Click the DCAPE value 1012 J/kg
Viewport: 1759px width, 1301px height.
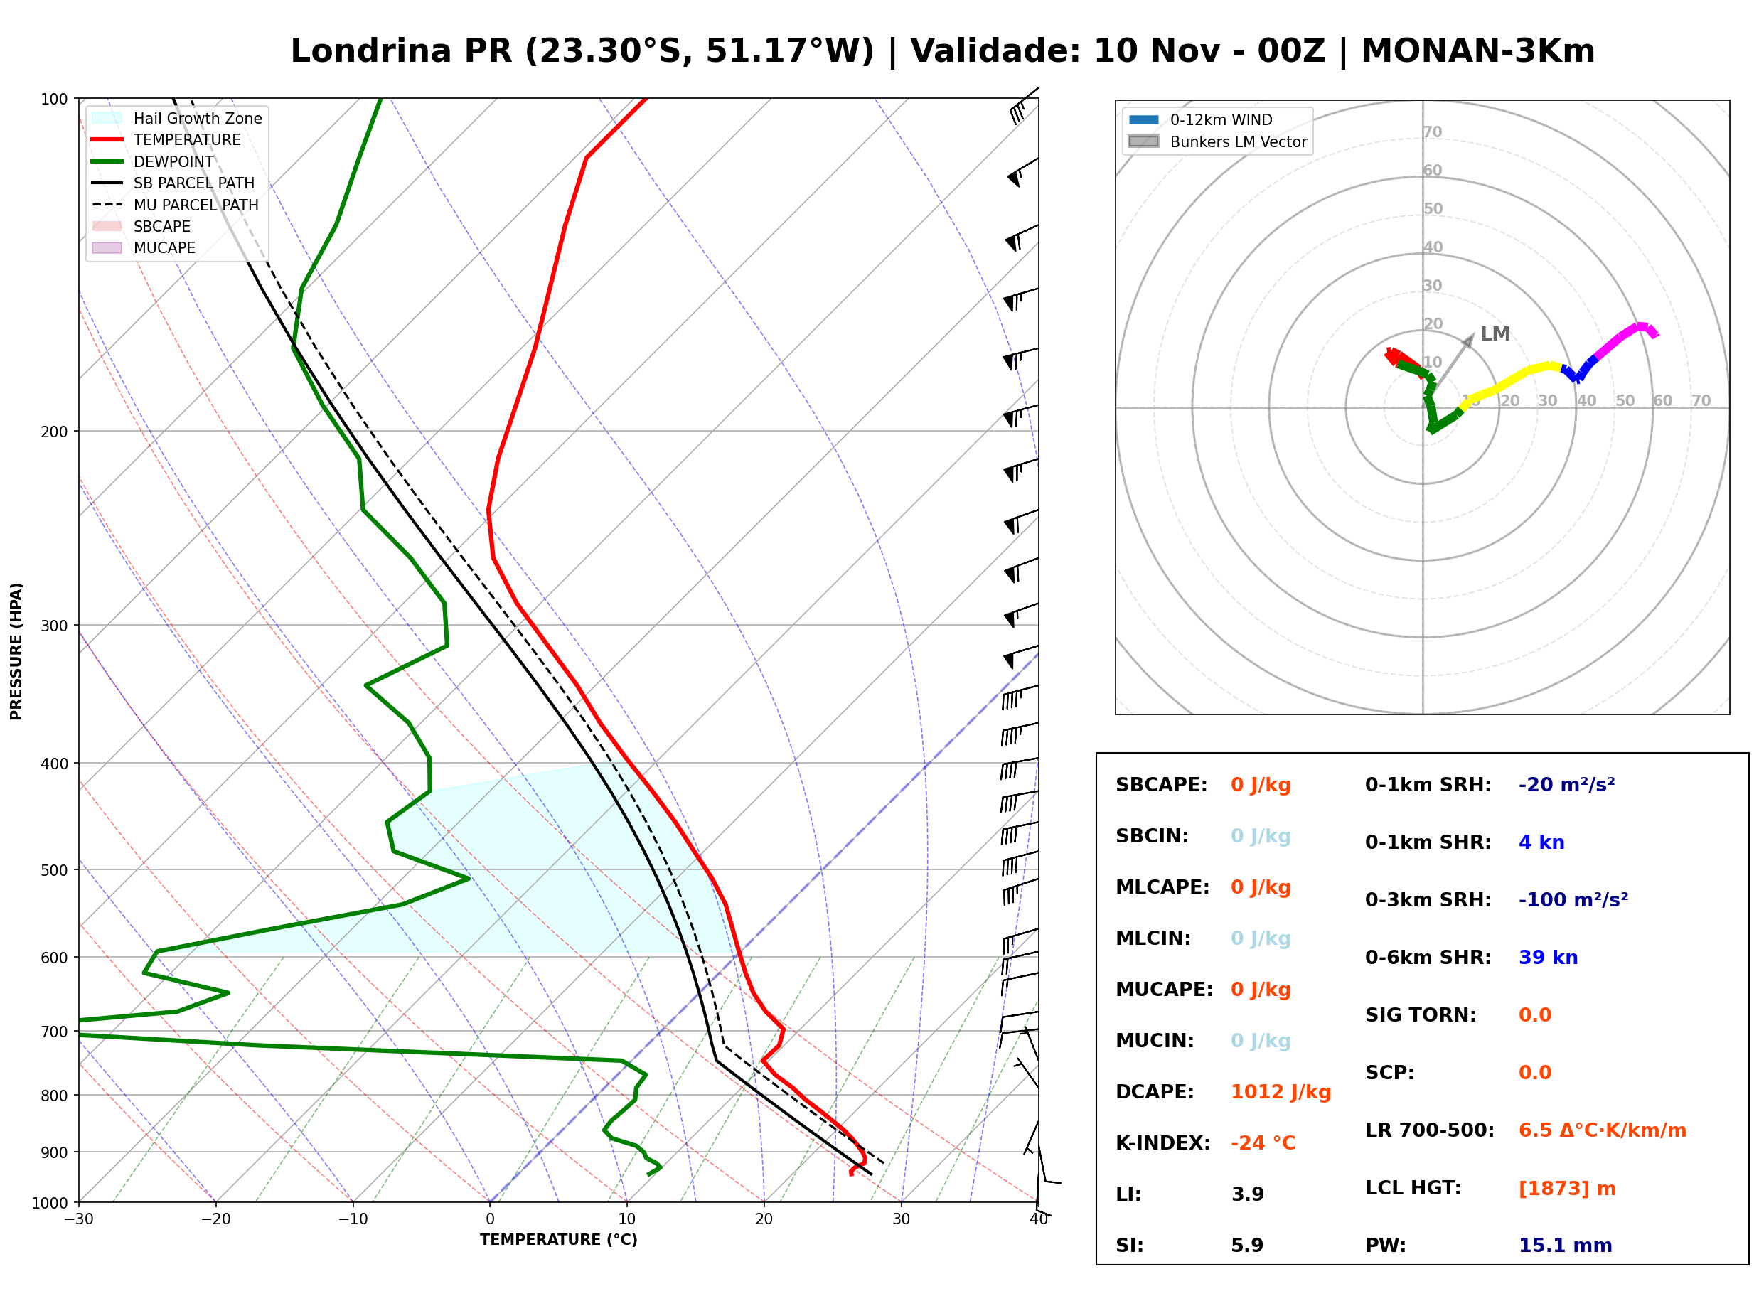[x=1281, y=1092]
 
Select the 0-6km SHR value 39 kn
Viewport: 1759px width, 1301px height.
[x=1548, y=958]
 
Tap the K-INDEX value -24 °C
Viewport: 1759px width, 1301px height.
[x=1263, y=1143]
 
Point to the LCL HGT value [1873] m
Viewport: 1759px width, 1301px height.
[x=1567, y=1189]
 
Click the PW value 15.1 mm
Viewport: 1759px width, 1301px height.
[x=1566, y=1246]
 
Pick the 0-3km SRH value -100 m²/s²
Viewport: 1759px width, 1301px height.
[x=1573, y=899]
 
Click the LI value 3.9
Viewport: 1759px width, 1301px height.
[x=1247, y=1194]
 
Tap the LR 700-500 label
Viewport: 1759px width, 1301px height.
[x=1429, y=1131]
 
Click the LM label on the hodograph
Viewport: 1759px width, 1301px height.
[x=1495, y=334]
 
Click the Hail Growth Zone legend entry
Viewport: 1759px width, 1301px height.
[x=176, y=118]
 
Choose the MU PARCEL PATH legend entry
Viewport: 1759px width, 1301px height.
[x=175, y=205]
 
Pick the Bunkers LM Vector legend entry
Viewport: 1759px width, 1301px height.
[x=1217, y=141]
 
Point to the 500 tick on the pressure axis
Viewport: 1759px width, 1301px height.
[x=53, y=870]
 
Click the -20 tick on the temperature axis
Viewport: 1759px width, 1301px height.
[x=215, y=1219]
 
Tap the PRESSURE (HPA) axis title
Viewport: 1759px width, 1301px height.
[x=16, y=651]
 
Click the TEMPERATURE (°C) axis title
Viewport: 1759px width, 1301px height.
[x=558, y=1240]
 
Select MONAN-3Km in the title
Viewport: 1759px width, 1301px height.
[x=1478, y=51]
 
